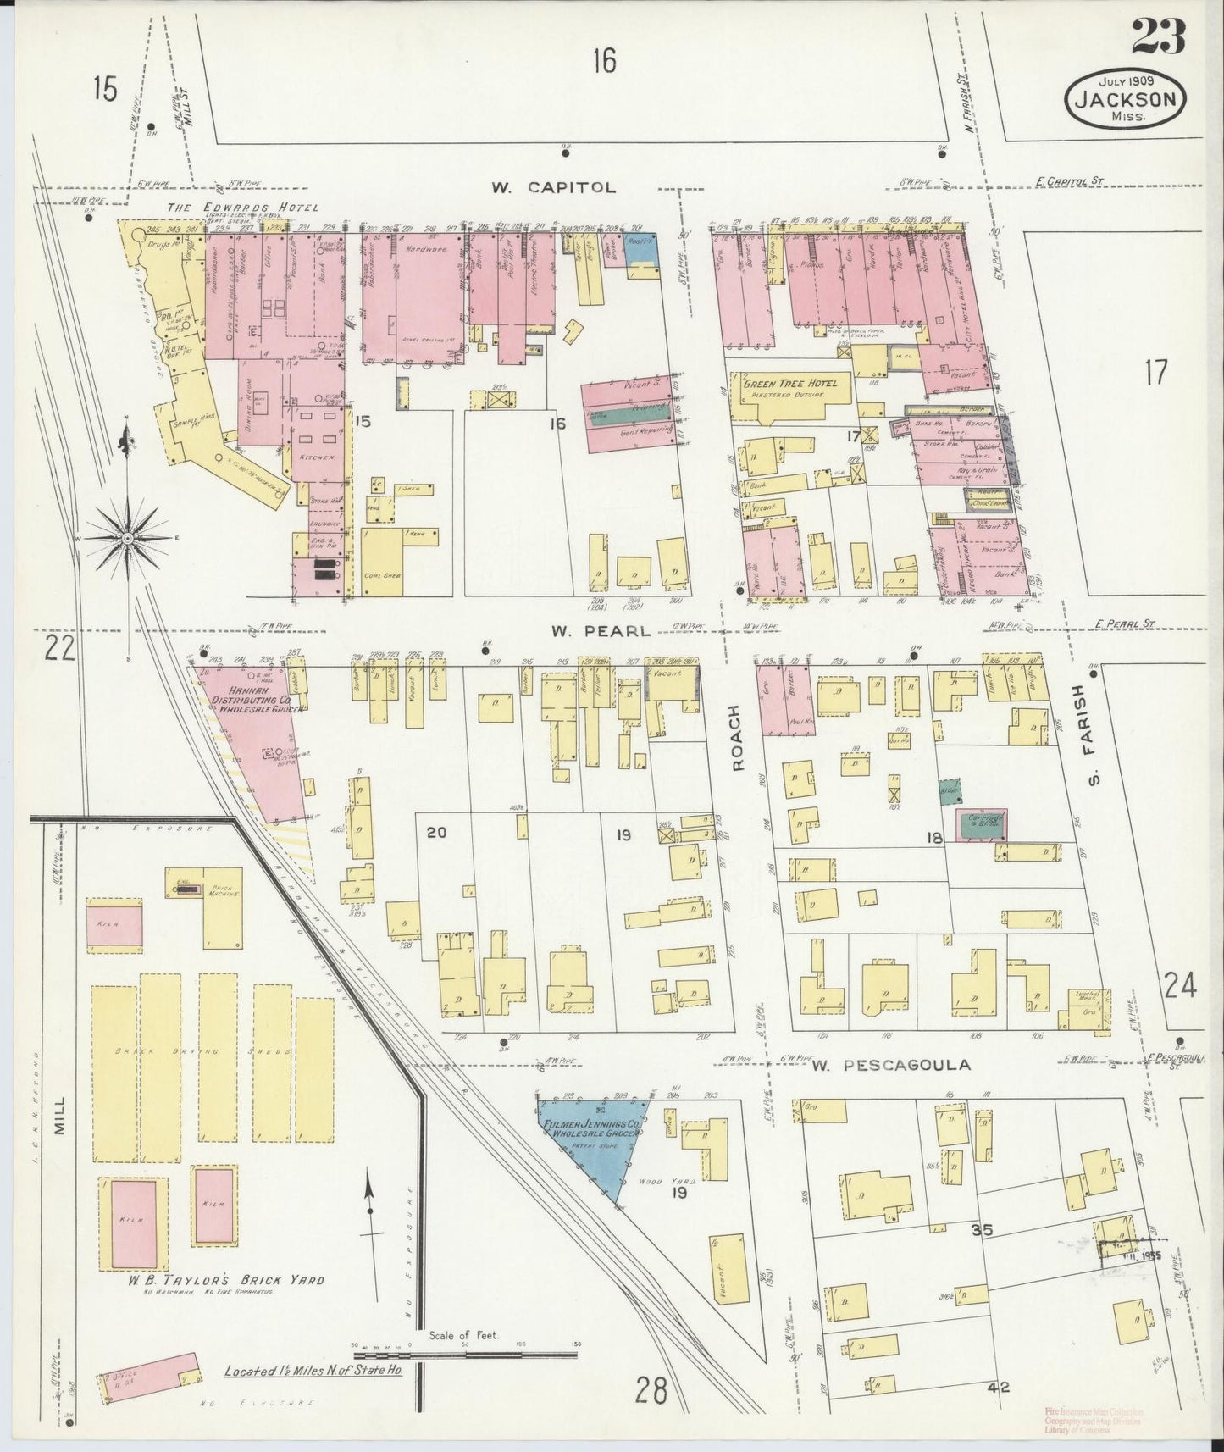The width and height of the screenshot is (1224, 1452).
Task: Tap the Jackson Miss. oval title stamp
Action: [x=1125, y=99]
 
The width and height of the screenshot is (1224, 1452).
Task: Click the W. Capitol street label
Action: [x=553, y=187]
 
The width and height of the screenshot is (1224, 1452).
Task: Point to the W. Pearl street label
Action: [x=600, y=630]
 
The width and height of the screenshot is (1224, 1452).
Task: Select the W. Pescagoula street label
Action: [x=891, y=1065]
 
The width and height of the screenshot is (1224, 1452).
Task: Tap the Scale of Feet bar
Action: [x=465, y=1354]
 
